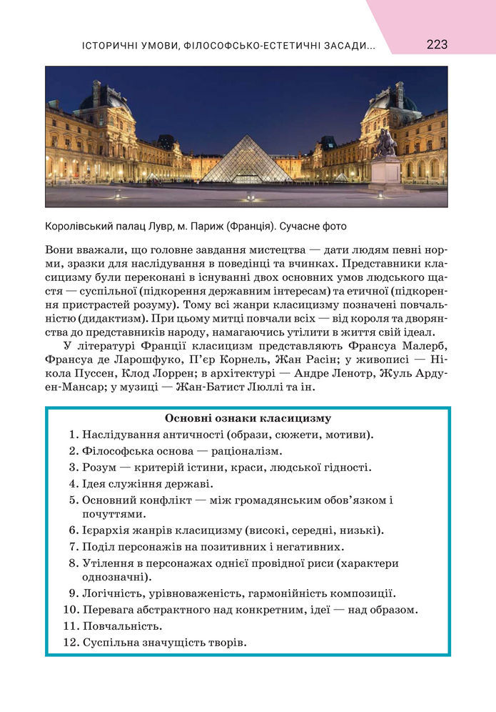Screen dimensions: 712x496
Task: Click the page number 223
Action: click(437, 44)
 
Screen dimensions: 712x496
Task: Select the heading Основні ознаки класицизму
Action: click(248, 418)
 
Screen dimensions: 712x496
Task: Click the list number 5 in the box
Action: click(73, 500)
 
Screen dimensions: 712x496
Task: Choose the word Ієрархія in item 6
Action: click(106, 530)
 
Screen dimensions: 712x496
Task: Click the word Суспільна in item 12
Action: click(109, 643)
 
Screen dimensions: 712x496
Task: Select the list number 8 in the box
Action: click(73, 563)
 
